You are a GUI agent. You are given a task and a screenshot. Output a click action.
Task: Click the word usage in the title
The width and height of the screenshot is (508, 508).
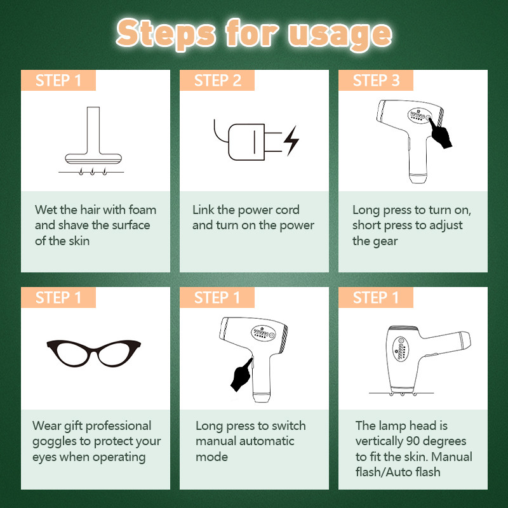click(340, 35)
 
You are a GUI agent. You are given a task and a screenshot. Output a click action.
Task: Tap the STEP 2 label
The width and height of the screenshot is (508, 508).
click(217, 81)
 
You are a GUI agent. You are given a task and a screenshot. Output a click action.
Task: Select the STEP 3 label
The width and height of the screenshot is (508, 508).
click(376, 81)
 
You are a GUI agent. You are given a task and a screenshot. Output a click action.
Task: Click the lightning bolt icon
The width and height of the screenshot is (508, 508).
click(291, 140)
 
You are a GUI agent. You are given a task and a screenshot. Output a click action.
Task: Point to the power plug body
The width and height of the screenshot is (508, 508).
click(246, 142)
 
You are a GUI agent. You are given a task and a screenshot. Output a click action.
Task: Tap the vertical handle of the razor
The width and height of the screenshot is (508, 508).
click(93, 130)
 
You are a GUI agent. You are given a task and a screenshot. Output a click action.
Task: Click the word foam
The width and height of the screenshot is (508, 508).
click(142, 210)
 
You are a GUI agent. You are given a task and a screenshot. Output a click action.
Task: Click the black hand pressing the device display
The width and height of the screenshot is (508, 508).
click(441, 134)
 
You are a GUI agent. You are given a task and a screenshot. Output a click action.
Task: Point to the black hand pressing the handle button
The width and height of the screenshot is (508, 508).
click(242, 375)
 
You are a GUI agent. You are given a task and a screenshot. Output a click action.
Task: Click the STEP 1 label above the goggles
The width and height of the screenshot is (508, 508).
click(58, 297)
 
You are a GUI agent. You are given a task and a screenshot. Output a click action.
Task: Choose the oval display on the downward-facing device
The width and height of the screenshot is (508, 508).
click(401, 349)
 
